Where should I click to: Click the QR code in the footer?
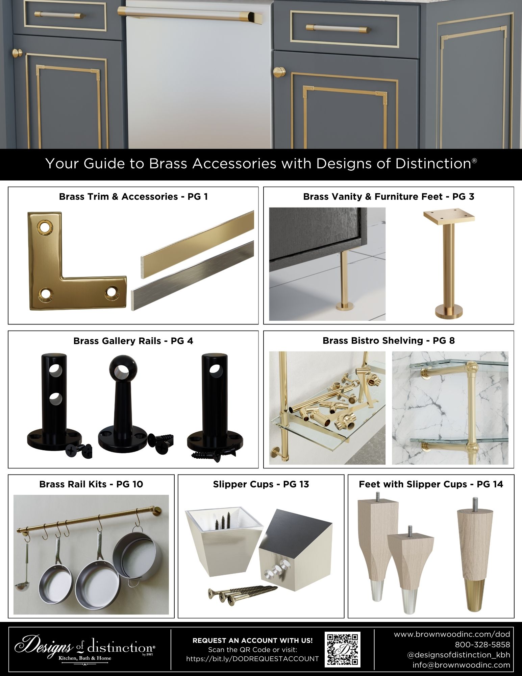pos(342,649)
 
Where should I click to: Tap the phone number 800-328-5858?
pos(482,645)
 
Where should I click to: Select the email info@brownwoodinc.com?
pos(461,665)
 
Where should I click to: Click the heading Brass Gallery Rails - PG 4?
pos(133,341)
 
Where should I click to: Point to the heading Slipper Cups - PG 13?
pos(261,484)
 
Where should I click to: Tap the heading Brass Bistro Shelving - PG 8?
pos(389,340)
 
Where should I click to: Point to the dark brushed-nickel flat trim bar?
pos(193,275)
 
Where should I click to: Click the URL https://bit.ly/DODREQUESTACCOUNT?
pos(252,659)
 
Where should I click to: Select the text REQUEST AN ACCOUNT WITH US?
pos(252,640)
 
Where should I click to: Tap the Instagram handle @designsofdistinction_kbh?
pos(458,655)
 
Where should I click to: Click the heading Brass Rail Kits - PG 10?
pos(91,484)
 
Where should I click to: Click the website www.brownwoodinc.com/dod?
pos(452,634)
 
